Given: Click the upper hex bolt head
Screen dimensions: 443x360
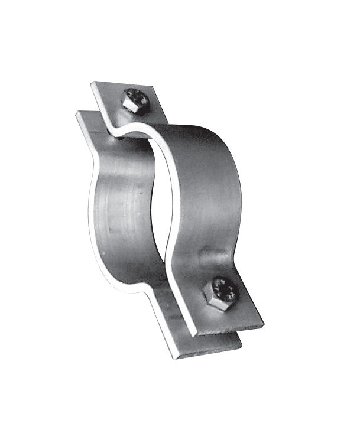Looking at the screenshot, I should (x=136, y=100).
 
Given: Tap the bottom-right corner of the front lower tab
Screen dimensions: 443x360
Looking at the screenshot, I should (x=264, y=324).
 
